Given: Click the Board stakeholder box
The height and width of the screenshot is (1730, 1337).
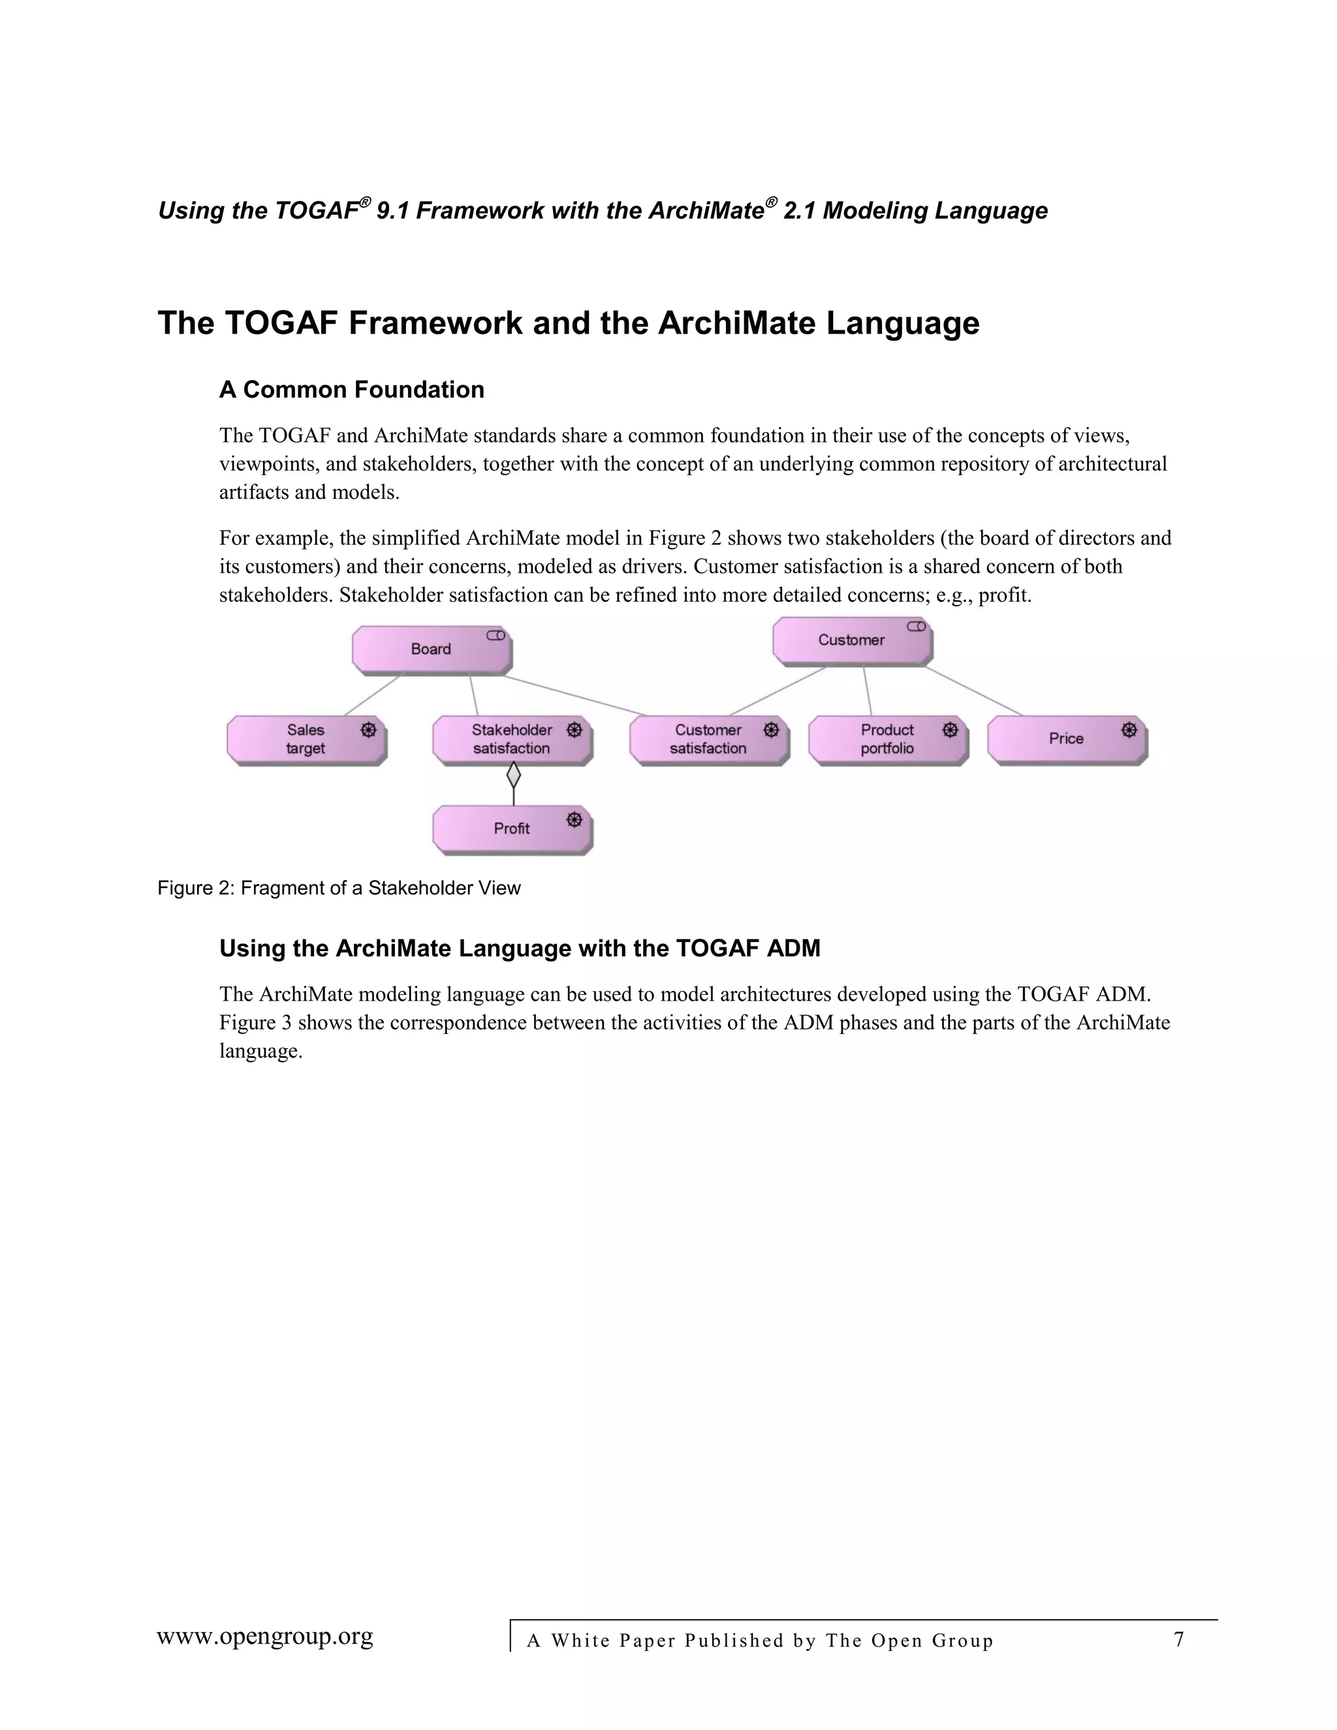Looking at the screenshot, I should click(x=431, y=650).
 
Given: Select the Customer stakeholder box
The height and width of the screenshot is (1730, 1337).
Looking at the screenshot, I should click(x=851, y=640).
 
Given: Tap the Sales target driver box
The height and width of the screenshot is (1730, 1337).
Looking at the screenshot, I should click(x=306, y=739).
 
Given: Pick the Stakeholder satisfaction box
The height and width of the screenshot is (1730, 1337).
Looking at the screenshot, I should click(x=512, y=739).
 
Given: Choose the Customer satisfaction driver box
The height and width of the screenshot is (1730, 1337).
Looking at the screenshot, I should click(x=708, y=739).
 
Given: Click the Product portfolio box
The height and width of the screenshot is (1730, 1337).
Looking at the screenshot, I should click(x=887, y=739).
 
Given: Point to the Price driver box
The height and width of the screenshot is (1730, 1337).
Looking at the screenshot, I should click(x=1066, y=739).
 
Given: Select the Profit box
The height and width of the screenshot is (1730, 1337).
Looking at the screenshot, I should click(x=512, y=828).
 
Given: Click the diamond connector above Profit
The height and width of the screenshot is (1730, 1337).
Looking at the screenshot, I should click(x=513, y=774).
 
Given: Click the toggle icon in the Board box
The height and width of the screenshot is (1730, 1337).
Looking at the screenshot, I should click(x=496, y=635).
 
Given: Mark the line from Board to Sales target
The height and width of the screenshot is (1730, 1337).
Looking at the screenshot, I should click(x=372, y=695).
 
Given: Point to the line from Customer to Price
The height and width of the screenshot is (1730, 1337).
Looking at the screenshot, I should click(x=973, y=691).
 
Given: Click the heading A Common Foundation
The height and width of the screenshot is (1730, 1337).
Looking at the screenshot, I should click(x=352, y=390).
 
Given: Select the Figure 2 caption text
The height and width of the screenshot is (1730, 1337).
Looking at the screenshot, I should click(x=339, y=888).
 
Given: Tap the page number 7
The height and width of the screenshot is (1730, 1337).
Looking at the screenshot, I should click(x=1178, y=1639).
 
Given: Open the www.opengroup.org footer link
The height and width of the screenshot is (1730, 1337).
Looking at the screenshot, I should click(x=264, y=1636).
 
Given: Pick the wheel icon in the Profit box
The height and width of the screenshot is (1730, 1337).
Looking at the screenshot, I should click(x=575, y=820).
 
